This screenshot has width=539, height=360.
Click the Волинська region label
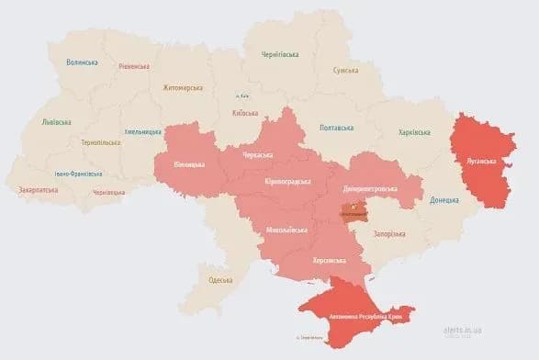pos(81,62)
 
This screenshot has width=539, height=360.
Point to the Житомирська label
pos(182,88)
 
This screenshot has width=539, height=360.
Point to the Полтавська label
pos(337,128)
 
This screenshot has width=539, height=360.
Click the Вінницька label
pos(191,165)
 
